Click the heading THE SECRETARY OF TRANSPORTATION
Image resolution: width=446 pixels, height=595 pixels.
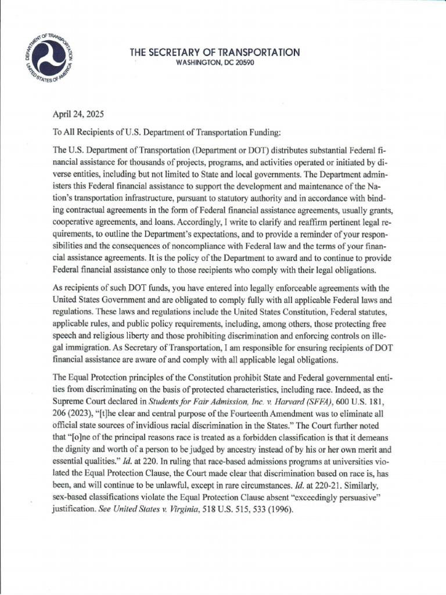click(215, 53)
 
